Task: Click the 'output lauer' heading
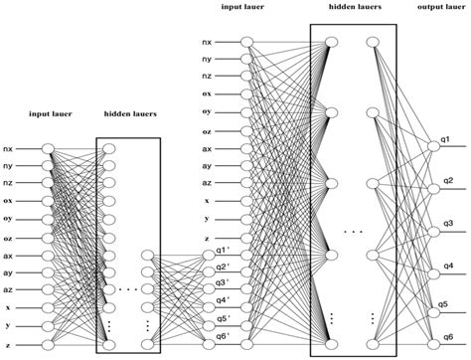[x=438, y=8]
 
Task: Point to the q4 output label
[x=449, y=266]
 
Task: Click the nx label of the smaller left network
[x=8, y=148]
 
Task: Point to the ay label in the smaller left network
[x=8, y=271]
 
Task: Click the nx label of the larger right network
[x=206, y=42]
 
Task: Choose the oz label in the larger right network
[x=206, y=131]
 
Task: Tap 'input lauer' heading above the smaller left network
[x=49, y=114]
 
